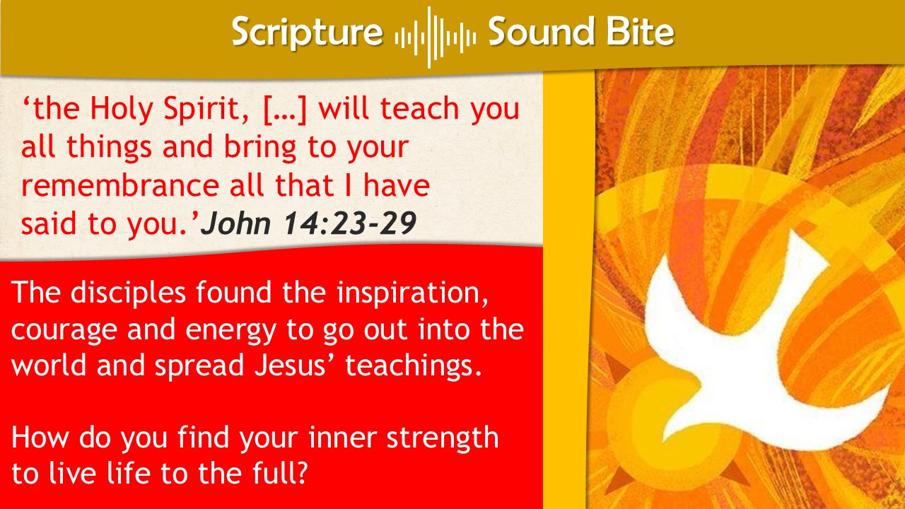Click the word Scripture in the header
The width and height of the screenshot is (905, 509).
click(308, 33)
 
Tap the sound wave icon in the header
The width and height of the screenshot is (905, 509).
click(435, 37)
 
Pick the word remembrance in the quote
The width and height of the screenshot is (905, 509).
click(120, 185)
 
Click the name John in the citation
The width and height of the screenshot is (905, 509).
click(236, 223)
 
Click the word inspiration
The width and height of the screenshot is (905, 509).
click(412, 293)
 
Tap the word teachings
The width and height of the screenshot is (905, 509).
click(414, 365)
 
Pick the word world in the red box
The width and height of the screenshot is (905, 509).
click(49, 365)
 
